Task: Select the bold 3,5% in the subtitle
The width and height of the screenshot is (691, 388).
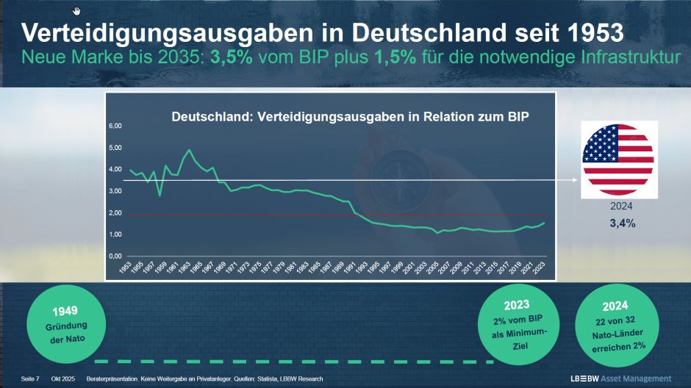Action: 232,58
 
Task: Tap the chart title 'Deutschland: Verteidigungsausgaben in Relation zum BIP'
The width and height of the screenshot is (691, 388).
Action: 350,117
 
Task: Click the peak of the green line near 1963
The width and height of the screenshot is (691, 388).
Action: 190,150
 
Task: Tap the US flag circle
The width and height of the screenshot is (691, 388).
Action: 617,159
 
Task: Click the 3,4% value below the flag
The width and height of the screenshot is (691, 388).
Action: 617,223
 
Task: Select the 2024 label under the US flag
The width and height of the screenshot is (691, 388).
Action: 617,206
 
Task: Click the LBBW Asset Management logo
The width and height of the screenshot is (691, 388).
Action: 621,378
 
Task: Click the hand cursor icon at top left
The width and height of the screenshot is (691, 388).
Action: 77,10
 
